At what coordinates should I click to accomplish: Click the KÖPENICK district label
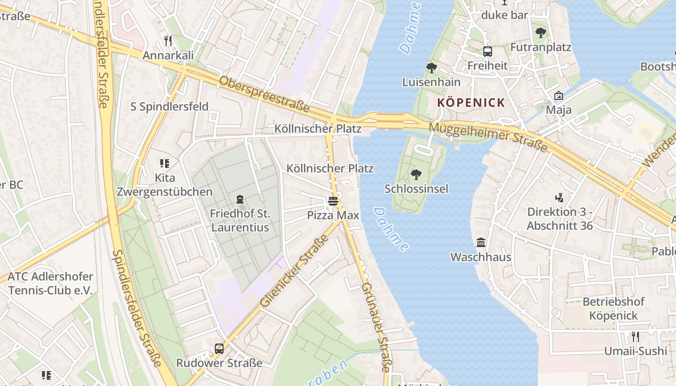click(x=471, y=102)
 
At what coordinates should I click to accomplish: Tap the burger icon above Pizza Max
click(x=333, y=201)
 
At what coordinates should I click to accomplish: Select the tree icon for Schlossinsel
click(x=416, y=175)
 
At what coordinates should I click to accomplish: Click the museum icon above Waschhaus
click(x=481, y=243)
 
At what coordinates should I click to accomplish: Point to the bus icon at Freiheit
click(x=488, y=52)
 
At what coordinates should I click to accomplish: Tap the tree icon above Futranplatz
click(x=541, y=33)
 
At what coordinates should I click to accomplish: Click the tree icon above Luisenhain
click(x=431, y=68)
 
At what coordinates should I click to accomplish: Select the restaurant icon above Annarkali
click(x=168, y=41)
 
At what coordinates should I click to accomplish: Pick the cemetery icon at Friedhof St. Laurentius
click(x=239, y=199)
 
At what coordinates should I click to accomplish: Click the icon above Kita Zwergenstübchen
click(x=164, y=164)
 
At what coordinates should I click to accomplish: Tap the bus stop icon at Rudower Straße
click(x=219, y=348)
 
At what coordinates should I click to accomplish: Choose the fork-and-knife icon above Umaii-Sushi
click(x=635, y=337)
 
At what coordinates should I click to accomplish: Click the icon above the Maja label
click(x=559, y=96)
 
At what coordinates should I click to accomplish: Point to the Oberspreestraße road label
click(x=264, y=95)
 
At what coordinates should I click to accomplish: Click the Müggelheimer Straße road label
click(x=488, y=136)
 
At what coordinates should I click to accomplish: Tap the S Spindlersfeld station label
click(x=169, y=107)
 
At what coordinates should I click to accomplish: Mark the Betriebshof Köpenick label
click(x=614, y=309)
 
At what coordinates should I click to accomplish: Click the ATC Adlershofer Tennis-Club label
click(x=51, y=284)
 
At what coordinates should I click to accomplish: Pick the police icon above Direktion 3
click(x=559, y=197)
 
